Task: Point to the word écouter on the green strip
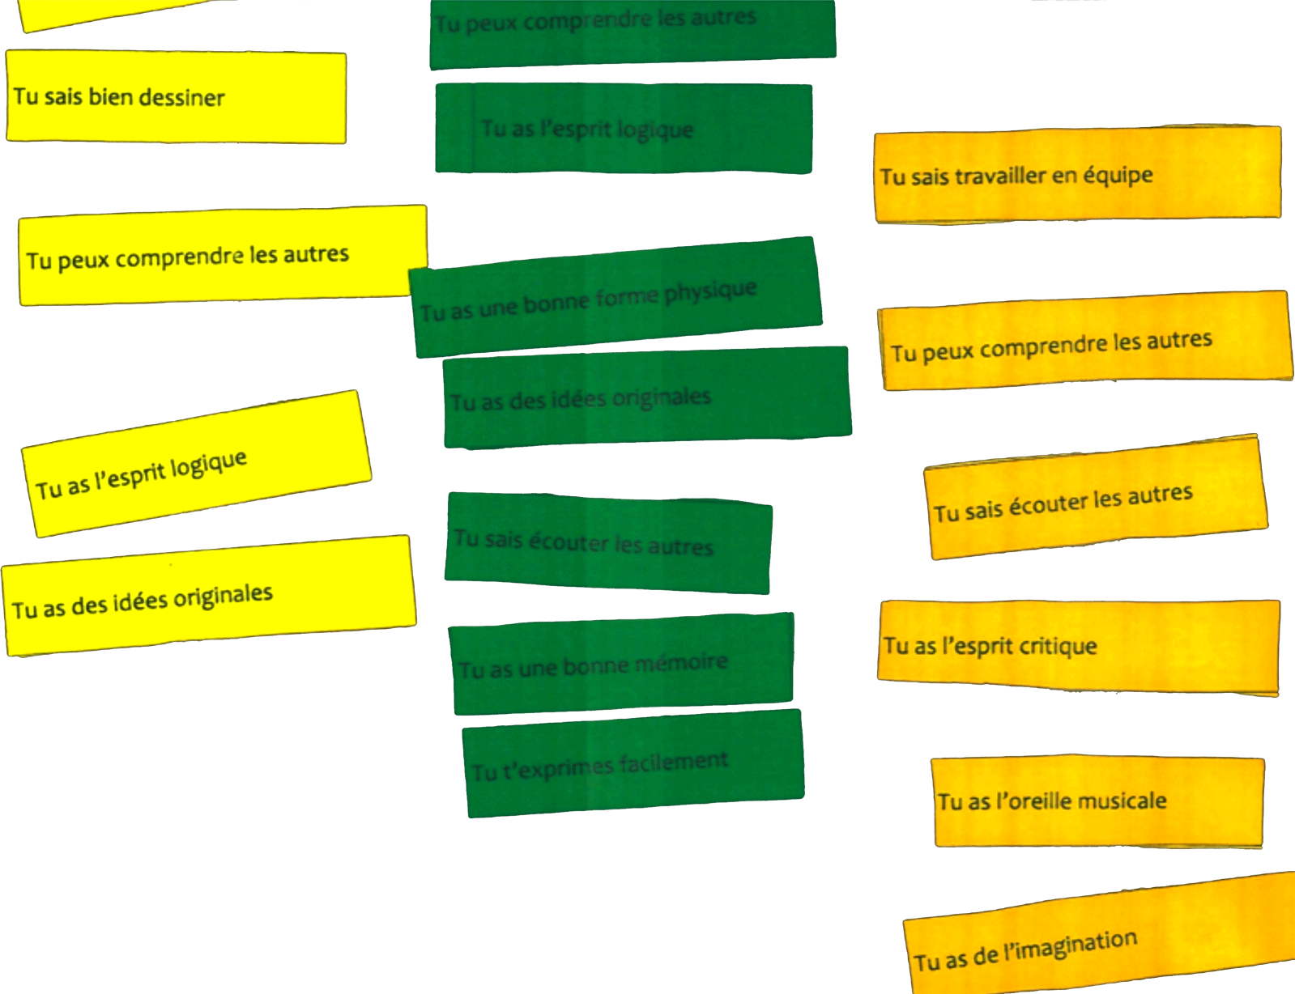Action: coord(568,542)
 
